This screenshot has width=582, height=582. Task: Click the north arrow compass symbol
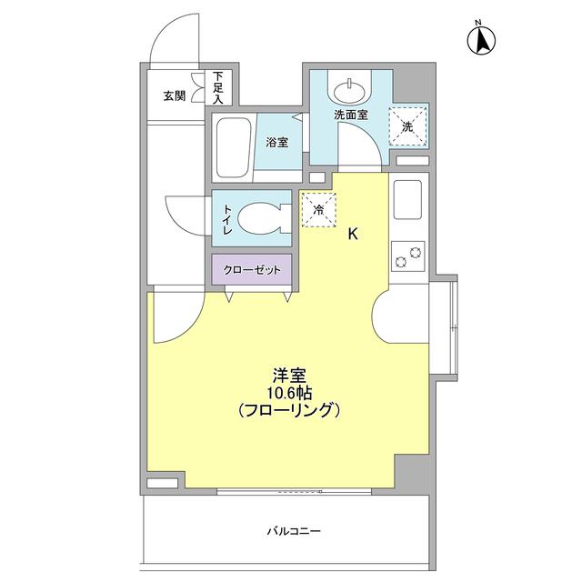pyautogui.click(x=482, y=38)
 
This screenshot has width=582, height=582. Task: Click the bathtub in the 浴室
pyautogui.click(x=233, y=147)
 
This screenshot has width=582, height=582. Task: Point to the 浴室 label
pyautogui.click(x=277, y=143)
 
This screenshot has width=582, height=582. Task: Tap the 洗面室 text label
pyautogui.click(x=350, y=115)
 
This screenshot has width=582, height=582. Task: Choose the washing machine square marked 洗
pyautogui.click(x=407, y=126)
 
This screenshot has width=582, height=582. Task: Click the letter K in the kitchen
pyautogui.click(x=354, y=234)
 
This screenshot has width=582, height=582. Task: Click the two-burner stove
pyautogui.click(x=406, y=258)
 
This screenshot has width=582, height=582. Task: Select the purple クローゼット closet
pyautogui.click(x=252, y=270)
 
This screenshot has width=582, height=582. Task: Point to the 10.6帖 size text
pyautogui.click(x=288, y=393)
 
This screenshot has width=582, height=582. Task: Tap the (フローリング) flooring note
pyautogui.click(x=288, y=411)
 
